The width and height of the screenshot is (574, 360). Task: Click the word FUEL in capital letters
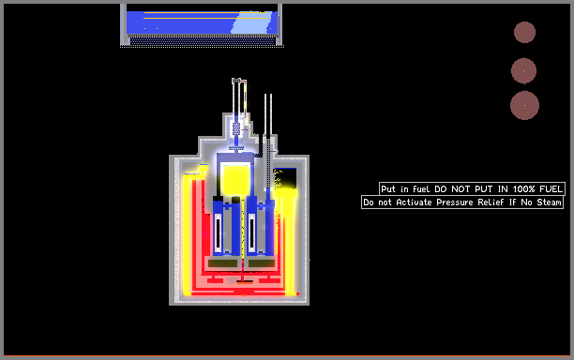(x=551, y=188)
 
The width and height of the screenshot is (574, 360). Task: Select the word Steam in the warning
(x=549, y=202)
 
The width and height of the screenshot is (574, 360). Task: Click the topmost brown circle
(x=524, y=32)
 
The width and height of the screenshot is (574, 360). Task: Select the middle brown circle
(x=524, y=70)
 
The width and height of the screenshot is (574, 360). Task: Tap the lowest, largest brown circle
(x=524, y=105)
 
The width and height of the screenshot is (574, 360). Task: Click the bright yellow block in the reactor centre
(x=236, y=178)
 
